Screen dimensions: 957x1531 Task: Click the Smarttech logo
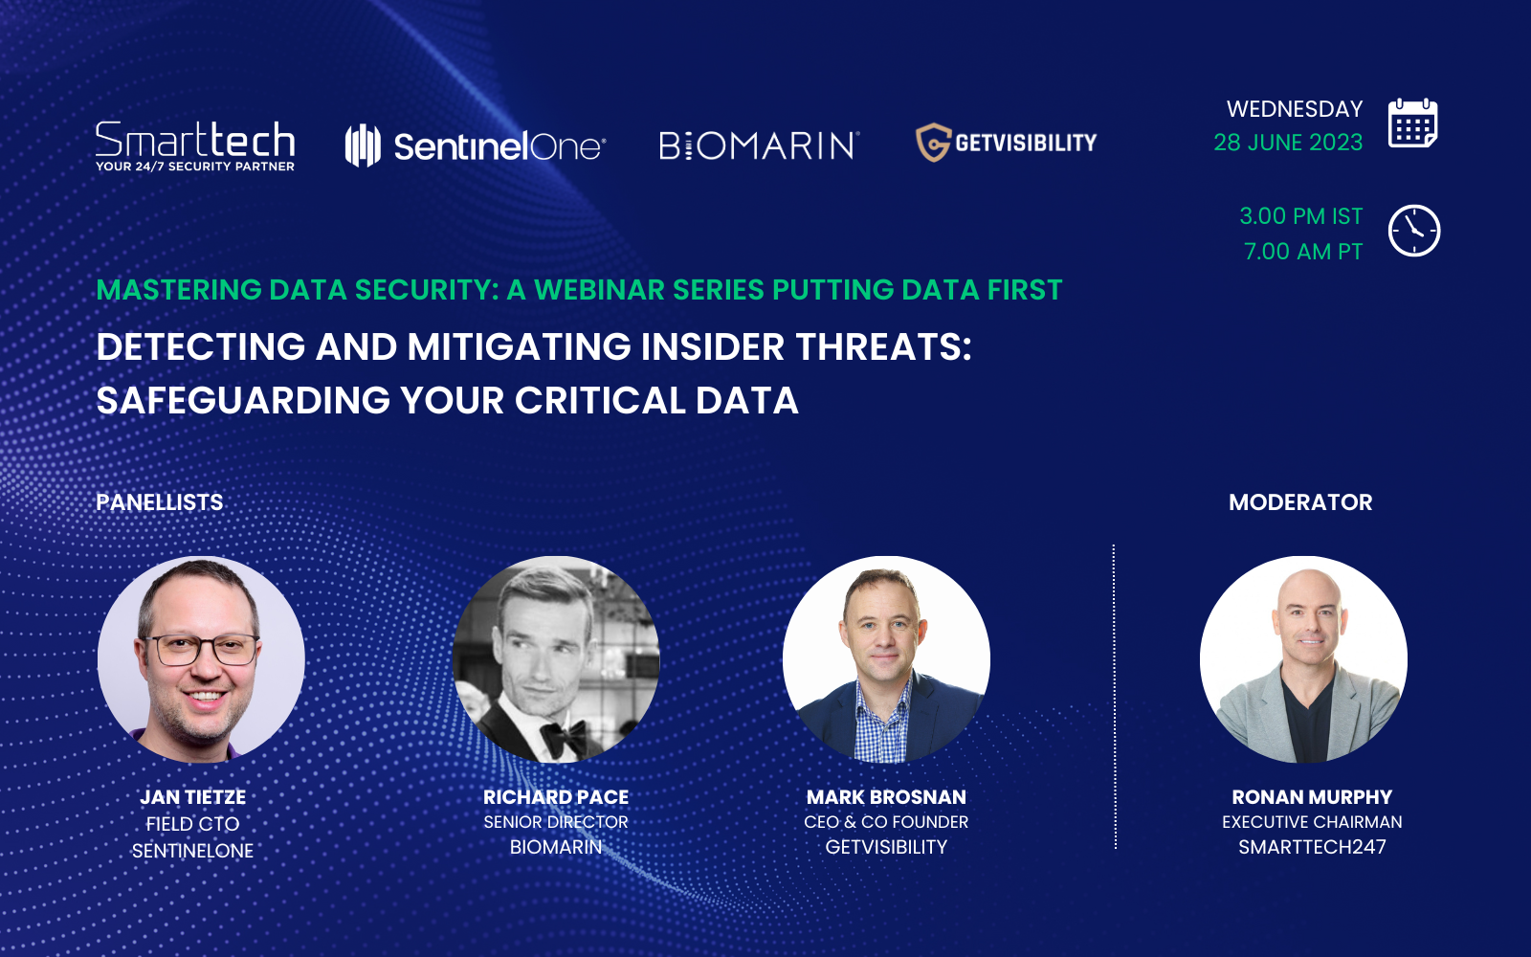click(x=195, y=145)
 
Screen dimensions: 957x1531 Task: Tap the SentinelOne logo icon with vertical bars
click(x=363, y=145)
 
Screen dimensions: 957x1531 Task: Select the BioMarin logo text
click(x=759, y=145)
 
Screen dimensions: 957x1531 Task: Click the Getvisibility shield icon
click(x=933, y=143)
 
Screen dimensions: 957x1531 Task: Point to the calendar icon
click(x=1412, y=123)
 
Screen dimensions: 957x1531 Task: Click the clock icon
click(x=1413, y=231)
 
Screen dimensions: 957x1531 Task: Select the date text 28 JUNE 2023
click(x=1288, y=143)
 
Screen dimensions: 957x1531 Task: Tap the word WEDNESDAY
click(x=1294, y=109)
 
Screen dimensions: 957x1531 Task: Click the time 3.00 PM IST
click(x=1300, y=216)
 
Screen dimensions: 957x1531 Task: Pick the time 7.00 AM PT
click(x=1302, y=252)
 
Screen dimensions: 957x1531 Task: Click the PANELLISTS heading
click(x=160, y=502)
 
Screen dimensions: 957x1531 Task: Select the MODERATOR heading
click(x=1300, y=502)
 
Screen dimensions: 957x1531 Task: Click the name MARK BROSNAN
click(x=886, y=797)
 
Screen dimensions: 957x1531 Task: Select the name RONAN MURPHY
click(x=1312, y=797)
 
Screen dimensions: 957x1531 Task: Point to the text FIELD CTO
click(x=192, y=824)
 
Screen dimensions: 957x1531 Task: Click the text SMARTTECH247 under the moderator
click(x=1312, y=847)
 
